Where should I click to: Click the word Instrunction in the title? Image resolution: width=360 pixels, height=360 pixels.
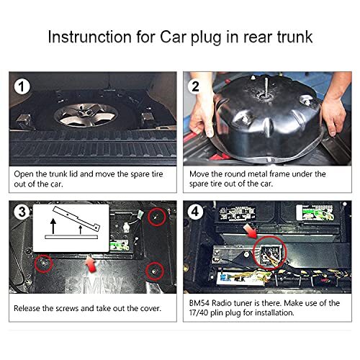(x=90, y=37)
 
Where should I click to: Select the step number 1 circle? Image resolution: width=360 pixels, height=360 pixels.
(x=22, y=87)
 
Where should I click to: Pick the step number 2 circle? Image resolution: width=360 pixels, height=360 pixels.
(x=195, y=86)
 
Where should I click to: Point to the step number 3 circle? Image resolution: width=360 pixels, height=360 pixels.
(x=22, y=212)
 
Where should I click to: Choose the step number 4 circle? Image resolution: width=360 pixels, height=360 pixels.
(x=195, y=212)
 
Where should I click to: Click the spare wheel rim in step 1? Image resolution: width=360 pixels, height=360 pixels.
(x=86, y=115)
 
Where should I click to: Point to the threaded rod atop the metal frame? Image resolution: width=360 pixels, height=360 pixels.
(x=265, y=86)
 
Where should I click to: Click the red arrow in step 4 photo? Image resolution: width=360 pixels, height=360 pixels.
(x=250, y=230)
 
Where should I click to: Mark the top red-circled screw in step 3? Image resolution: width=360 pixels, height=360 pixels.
(x=157, y=217)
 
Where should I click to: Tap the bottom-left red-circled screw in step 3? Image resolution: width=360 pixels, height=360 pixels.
(x=43, y=264)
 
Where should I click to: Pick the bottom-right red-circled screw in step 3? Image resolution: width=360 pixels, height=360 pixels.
(x=155, y=271)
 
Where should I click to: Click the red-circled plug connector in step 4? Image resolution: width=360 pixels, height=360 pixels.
(x=270, y=254)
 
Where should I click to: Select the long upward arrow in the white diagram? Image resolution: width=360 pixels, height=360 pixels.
(x=53, y=226)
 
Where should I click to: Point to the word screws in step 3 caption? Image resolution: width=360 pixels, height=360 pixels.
(x=67, y=308)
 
